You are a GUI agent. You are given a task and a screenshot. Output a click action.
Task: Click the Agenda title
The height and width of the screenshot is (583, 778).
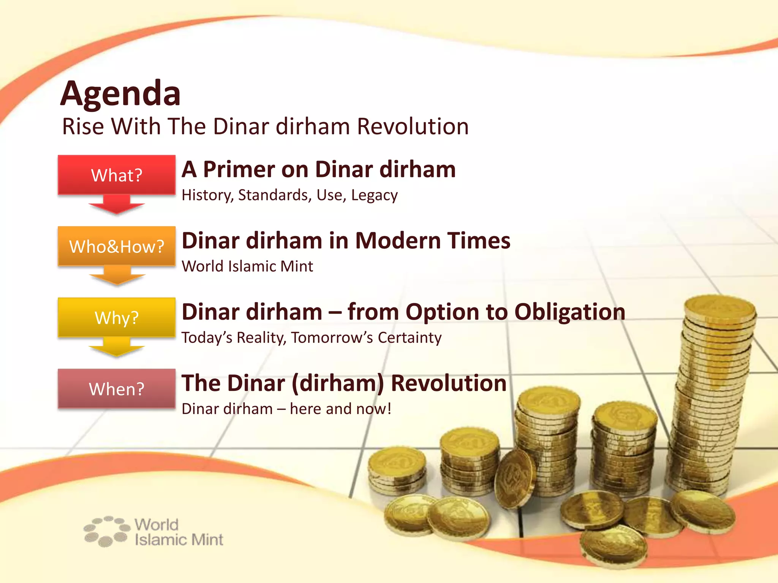[x=120, y=94]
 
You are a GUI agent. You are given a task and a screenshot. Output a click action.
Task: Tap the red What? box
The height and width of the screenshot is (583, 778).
[x=117, y=175]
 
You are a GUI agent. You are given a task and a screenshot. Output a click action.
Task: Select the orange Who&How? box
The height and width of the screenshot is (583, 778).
[x=117, y=246]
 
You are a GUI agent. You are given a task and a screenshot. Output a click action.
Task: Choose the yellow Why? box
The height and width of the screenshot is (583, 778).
[x=117, y=318]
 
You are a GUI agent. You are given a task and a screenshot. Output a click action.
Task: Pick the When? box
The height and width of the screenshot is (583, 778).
[x=117, y=389]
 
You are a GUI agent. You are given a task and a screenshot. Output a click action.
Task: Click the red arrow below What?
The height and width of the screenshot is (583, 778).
[x=117, y=205]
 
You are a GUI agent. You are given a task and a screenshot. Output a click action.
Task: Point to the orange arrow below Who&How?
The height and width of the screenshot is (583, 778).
[x=117, y=276]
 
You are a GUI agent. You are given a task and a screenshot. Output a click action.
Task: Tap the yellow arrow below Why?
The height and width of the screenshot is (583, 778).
[x=117, y=347]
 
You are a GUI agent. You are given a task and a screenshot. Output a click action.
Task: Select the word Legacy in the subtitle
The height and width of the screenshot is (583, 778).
[x=374, y=195]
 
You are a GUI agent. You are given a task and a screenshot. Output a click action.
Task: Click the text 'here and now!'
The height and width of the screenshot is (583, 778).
[x=340, y=409]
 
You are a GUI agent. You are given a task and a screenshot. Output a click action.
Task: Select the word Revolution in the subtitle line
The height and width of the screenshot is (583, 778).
[x=413, y=126]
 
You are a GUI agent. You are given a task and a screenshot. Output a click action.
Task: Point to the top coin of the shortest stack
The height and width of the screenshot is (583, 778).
[x=397, y=461]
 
